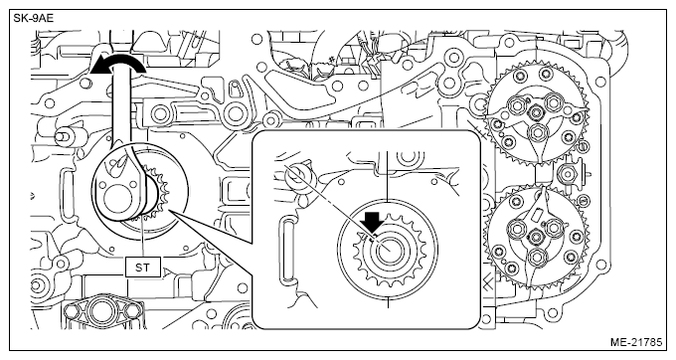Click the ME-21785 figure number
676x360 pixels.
pos(636,342)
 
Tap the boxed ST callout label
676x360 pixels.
pos(143,268)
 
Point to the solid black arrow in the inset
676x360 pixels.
pos(373,221)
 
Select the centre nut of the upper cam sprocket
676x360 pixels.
pos(536,113)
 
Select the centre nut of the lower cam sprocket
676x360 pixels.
pos(536,237)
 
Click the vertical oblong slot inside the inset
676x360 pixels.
pos(286,251)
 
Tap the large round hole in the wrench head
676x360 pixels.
pos(117,201)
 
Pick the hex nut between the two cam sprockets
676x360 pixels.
pos(569,174)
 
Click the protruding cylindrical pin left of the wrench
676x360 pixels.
pos(64,136)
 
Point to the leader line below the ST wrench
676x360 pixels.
pos(142,238)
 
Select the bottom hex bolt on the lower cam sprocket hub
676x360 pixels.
pos(536,258)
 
